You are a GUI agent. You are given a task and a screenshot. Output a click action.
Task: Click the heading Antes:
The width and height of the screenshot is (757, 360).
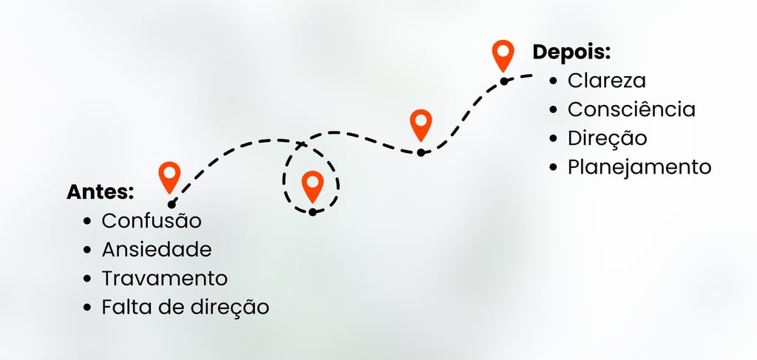(100, 192)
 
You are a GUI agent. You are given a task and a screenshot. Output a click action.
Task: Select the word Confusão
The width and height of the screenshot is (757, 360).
(152, 221)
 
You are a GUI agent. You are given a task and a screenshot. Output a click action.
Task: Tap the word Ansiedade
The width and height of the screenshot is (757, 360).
(157, 250)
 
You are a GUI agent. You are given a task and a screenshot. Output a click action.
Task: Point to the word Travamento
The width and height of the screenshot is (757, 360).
(165, 279)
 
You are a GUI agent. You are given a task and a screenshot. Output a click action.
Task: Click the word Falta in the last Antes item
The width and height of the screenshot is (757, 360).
(123, 307)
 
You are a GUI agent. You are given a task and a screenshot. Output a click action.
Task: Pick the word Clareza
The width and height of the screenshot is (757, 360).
(607, 81)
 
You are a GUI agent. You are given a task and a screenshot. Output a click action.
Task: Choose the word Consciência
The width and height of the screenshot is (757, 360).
(631, 109)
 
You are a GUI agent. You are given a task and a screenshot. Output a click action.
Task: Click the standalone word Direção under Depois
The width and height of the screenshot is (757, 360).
(607, 138)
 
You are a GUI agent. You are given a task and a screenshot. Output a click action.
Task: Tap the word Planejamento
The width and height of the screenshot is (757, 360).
(639, 167)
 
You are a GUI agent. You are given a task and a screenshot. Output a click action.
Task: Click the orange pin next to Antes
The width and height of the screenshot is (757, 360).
(170, 177)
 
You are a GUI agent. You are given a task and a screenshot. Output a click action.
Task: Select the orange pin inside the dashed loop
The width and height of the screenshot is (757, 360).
(313, 186)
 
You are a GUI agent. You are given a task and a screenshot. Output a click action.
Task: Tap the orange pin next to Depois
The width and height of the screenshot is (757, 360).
(503, 55)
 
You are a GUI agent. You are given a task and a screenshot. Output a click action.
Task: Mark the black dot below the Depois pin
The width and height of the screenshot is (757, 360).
(504, 81)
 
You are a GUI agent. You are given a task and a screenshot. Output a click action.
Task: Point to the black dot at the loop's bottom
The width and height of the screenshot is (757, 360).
(313, 212)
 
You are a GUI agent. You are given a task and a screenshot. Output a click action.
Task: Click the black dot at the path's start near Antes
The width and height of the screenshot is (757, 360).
(172, 204)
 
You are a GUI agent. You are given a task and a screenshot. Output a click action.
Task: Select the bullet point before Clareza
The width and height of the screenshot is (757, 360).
(554, 81)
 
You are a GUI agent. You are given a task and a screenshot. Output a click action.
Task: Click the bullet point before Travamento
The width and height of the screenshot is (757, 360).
(88, 279)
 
